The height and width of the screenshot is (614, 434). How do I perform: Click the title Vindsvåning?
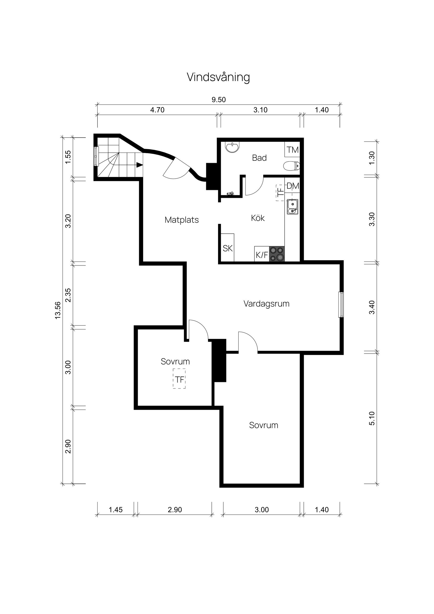pyautogui.click(x=218, y=77)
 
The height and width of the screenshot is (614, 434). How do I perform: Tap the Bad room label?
pyautogui.click(x=259, y=158)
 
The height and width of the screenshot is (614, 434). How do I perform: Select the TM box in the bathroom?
pyautogui.click(x=292, y=150)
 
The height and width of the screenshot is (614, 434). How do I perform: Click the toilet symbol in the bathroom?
pyautogui.click(x=292, y=165)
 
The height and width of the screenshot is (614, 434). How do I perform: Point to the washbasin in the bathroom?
pyautogui.click(x=232, y=147)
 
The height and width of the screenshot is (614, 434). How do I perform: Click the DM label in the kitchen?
pyautogui.click(x=292, y=186)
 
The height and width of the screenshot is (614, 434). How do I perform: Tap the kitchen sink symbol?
pyautogui.click(x=292, y=207)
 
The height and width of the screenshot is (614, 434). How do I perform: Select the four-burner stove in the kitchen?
pyautogui.click(x=277, y=254)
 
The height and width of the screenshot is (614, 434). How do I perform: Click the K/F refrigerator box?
pyautogui.click(x=262, y=255)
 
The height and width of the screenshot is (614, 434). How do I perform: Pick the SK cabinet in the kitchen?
pyautogui.click(x=228, y=248)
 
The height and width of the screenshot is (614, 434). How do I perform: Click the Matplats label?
pyautogui.click(x=181, y=220)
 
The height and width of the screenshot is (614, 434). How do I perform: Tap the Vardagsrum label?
pyautogui.click(x=266, y=304)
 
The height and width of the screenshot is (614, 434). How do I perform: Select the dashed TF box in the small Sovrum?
pyautogui.click(x=179, y=379)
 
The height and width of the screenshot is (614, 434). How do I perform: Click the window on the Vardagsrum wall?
pyautogui.click(x=341, y=305)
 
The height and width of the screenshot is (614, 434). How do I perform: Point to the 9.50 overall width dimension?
pyautogui.click(x=219, y=100)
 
